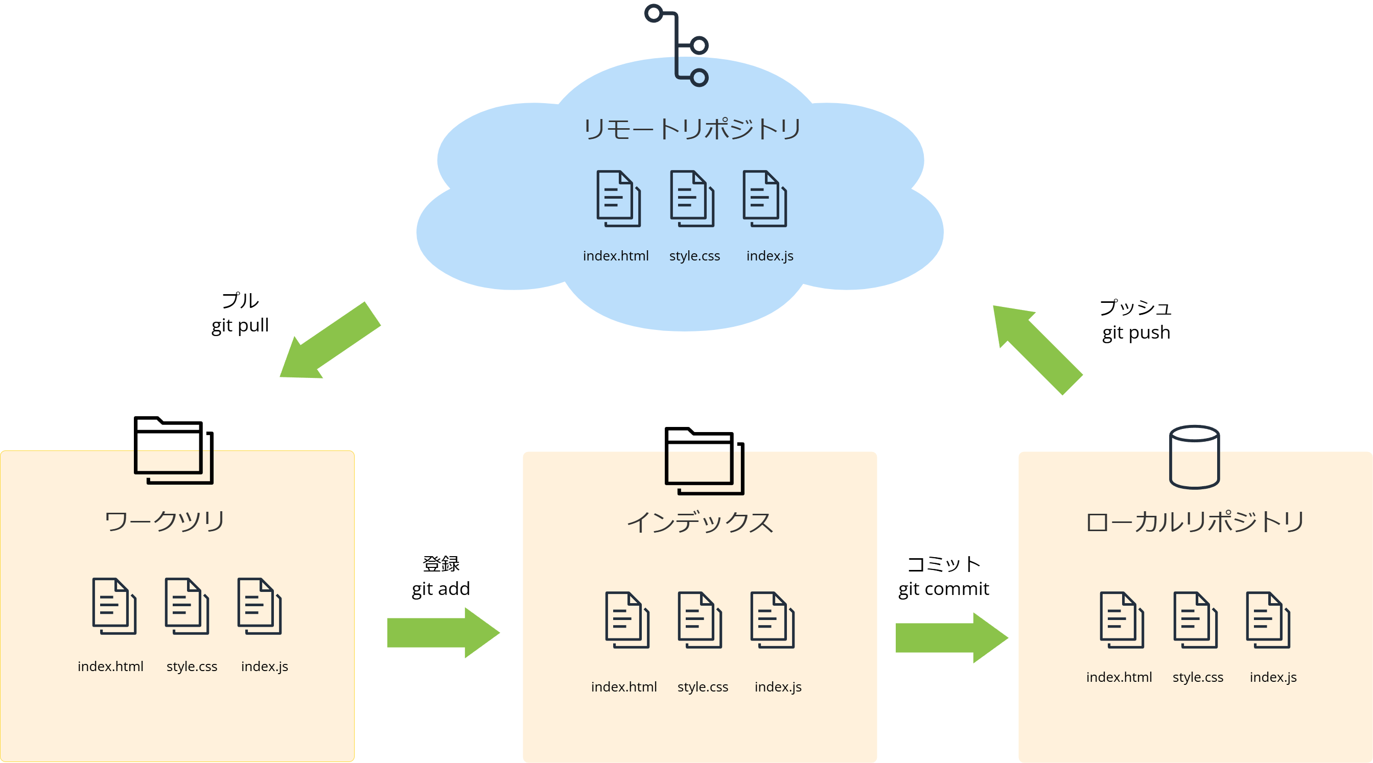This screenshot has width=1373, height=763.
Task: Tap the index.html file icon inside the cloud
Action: tap(618, 198)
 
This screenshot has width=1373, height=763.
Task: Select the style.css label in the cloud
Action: tap(694, 256)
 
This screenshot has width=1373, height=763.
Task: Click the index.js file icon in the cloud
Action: tap(764, 198)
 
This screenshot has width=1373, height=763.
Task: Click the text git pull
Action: tap(240, 325)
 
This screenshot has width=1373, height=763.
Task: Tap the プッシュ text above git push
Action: tap(1135, 307)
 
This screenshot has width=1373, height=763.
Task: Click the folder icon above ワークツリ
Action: tap(173, 450)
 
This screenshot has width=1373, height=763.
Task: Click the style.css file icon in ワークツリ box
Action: tap(187, 606)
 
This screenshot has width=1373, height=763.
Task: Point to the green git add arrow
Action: tap(443, 632)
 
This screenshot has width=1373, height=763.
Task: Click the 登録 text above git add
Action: tap(441, 564)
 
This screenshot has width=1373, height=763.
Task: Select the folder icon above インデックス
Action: tap(704, 461)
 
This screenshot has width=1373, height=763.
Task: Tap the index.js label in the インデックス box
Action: tap(778, 687)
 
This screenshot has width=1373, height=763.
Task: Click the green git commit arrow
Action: tap(951, 637)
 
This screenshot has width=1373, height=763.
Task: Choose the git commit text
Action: tap(943, 589)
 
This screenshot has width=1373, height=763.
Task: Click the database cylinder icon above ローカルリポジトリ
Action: tap(1194, 457)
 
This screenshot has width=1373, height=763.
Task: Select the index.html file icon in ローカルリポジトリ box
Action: tap(1122, 619)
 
